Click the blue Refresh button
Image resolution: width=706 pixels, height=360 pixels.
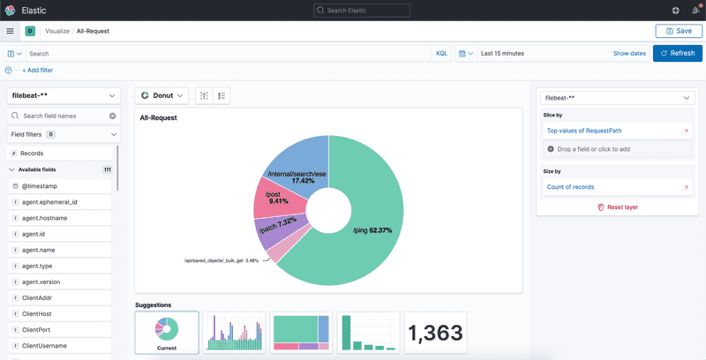pyautogui.click(x=677, y=53)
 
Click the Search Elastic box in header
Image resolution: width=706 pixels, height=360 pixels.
pyautogui.click(x=362, y=10)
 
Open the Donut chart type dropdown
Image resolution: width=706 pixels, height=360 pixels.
pyautogui.click(x=162, y=95)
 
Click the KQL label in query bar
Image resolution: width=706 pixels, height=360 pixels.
pyautogui.click(x=441, y=53)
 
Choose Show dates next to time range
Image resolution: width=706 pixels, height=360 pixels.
pyautogui.click(x=629, y=53)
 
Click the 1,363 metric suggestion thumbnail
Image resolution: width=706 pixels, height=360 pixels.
pyautogui.click(x=435, y=334)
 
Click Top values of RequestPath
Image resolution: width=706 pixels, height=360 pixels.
pyautogui.click(x=584, y=131)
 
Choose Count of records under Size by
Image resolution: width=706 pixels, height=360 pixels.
pyautogui.click(x=570, y=187)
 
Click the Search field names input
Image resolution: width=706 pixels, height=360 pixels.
pyautogui.click(x=62, y=116)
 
